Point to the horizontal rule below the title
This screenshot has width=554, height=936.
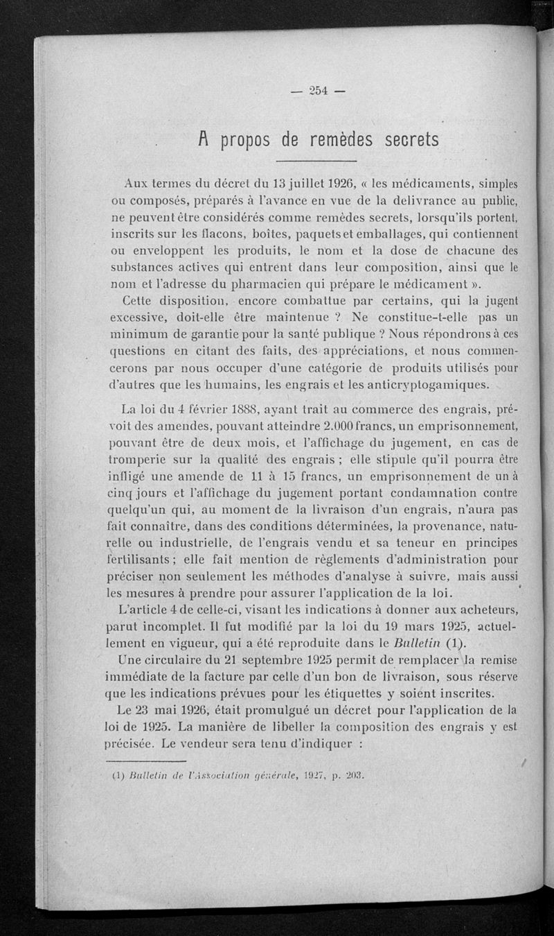pyautogui.click(x=319, y=162)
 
